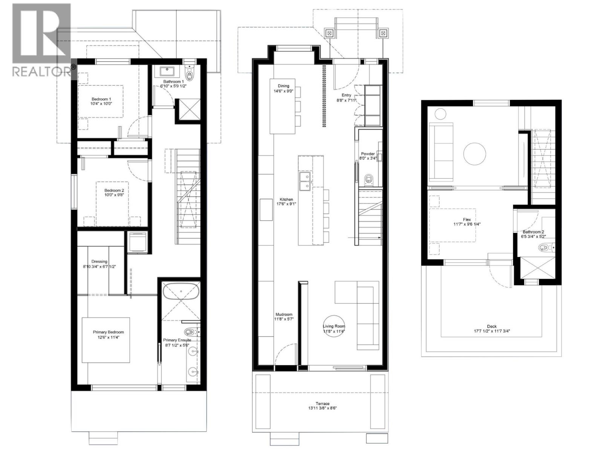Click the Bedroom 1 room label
101,99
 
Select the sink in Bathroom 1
167,71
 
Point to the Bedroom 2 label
114,191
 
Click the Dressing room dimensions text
99,266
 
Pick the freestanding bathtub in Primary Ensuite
181,292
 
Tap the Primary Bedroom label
108,332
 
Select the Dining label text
283,86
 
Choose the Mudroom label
284,315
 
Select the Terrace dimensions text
322,408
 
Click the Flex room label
467,220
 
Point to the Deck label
492,326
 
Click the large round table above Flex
475,154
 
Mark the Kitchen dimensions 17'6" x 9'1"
286,204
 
